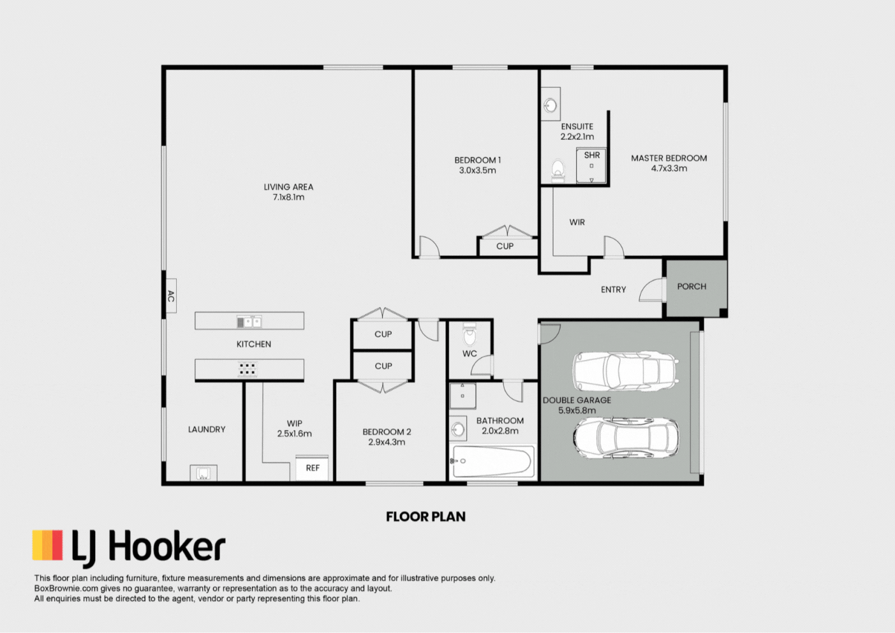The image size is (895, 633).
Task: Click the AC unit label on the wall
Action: [x=171, y=296]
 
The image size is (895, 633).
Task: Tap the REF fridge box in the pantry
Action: [x=312, y=468]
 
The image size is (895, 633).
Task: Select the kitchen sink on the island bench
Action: [x=249, y=322]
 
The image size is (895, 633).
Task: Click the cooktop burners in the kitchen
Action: [x=248, y=369]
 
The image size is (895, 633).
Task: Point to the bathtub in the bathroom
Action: [x=492, y=462]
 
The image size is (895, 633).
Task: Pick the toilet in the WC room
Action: [x=470, y=335]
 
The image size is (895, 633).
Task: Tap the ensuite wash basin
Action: [x=551, y=105]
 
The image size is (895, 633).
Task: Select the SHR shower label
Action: [x=592, y=155]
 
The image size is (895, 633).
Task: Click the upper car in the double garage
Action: [x=626, y=371]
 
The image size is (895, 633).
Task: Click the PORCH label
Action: [x=692, y=287]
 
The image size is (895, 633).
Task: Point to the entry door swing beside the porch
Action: [x=651, y=290]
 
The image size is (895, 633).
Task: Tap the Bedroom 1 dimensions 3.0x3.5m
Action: [x=477, y=170]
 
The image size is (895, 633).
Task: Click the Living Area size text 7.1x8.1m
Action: [x=288, y=197]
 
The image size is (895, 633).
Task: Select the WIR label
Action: [x=577, y=222]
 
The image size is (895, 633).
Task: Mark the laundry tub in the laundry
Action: [x=203, y=473]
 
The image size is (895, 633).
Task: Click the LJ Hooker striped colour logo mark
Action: [x=48, y=545]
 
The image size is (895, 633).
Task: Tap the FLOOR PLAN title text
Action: [x=425, y=517]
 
